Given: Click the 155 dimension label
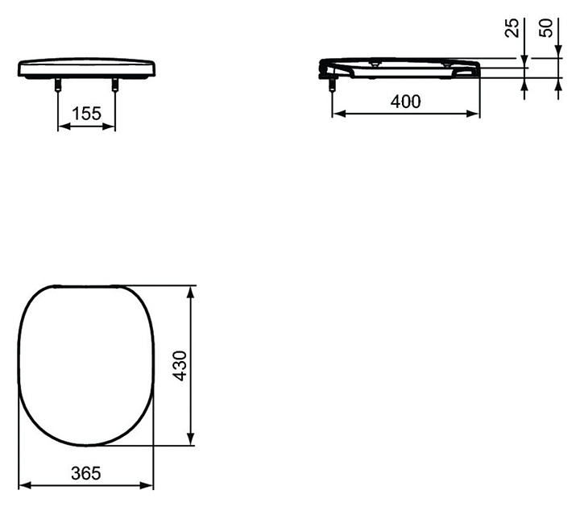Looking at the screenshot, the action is point(86,113).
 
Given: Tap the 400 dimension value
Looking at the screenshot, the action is point(406,102).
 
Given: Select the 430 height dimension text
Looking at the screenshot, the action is point(180,366).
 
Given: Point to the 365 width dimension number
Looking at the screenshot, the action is point(86,473).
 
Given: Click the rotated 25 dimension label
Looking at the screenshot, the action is point(512,27).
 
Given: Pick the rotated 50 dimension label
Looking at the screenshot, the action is point(545,27).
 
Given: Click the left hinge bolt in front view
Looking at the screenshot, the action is point(58,85).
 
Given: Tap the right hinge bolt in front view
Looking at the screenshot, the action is point(114,85).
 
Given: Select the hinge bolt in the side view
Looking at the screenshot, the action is point(332,85).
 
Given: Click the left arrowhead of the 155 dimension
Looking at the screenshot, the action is point(64,127).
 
